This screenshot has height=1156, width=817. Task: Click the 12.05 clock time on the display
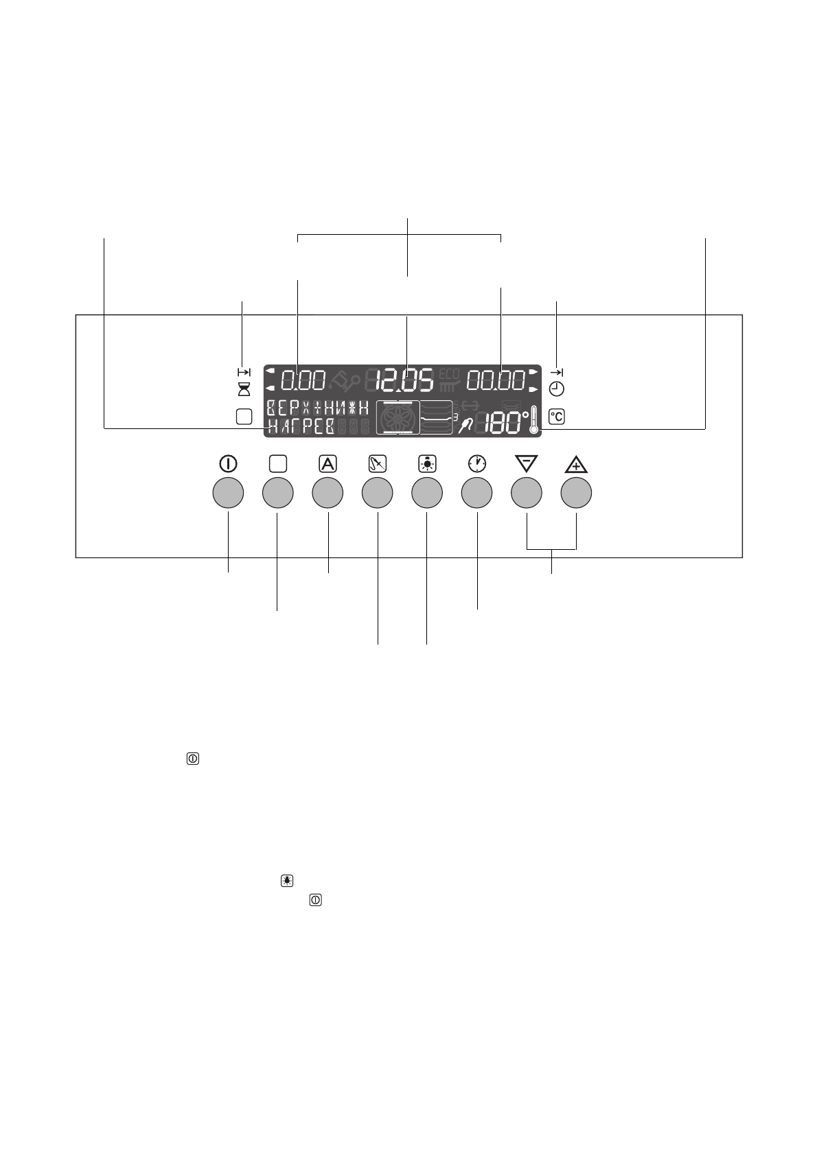pyautogui.click(x=406, y=380)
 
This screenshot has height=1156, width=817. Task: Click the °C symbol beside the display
pyautogui.click(x=557, y=416)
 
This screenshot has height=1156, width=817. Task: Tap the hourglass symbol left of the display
pyautogui.click(x=244, y=389)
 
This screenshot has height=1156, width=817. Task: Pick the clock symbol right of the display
pyautogui.click(x=557, y=389)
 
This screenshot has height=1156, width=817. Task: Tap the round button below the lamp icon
pyautogui.click(x=426, y=493)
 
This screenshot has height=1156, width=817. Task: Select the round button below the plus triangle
pyautogui.click(x=576, y=493)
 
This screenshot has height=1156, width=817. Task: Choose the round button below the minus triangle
pyautogui.click(x=527, y=493)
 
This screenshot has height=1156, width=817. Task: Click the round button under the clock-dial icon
pyautogui.click(x=476, y=493)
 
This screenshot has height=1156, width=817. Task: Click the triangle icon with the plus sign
pyautogui.click(x=576, y=465)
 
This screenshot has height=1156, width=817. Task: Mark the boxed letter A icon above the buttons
pyautogui.click(x=327, y=463)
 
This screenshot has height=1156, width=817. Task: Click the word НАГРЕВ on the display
pyautogui.click(x=301, y=426)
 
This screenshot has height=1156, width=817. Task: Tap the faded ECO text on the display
pyautogui.click(x=448, y=374)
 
